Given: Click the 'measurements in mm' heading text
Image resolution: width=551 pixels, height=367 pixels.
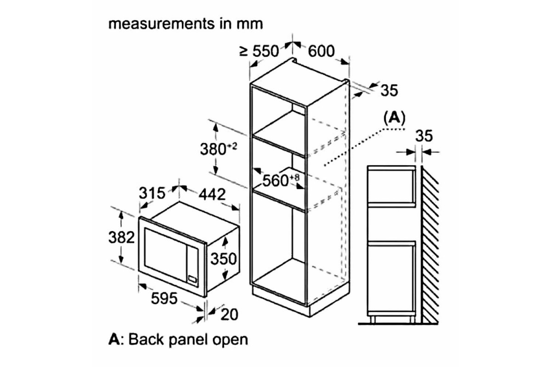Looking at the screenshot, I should (x=186, y=24).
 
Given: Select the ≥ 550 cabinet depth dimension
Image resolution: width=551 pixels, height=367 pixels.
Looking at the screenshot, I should (x=259, y=51).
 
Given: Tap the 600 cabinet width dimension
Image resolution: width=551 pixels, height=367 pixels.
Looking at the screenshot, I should (x=321, y=51).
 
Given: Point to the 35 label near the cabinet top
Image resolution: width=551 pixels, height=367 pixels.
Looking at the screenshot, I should (x=389, y=91).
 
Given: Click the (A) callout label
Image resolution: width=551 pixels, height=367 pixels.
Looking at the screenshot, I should (x=394, y=118).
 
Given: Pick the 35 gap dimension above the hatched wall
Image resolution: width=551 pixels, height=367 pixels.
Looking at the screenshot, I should (x=423, y=136).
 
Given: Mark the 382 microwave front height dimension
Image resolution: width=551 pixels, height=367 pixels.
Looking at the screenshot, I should (x=121, y=237).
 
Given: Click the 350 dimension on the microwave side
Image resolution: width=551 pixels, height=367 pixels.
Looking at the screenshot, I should (x=223, y=259).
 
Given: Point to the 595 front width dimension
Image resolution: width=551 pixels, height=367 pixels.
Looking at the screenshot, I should (x=164, y=299).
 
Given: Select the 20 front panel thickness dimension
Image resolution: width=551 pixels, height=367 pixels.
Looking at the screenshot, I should (x=230, y=314).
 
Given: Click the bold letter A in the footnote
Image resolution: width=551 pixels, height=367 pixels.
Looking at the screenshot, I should (x=113, y=339).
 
